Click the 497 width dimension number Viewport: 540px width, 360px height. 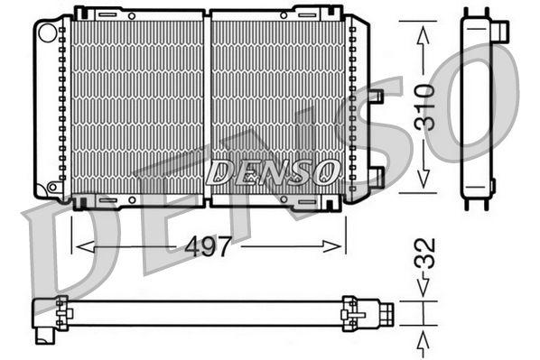point(209,245)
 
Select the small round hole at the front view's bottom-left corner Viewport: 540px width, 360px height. point(53,187)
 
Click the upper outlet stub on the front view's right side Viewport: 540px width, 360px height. point(376,96)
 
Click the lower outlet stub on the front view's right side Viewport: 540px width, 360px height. point(376,176)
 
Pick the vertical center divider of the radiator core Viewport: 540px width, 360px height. point(208,104)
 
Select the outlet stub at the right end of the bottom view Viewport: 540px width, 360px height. point(386,313)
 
